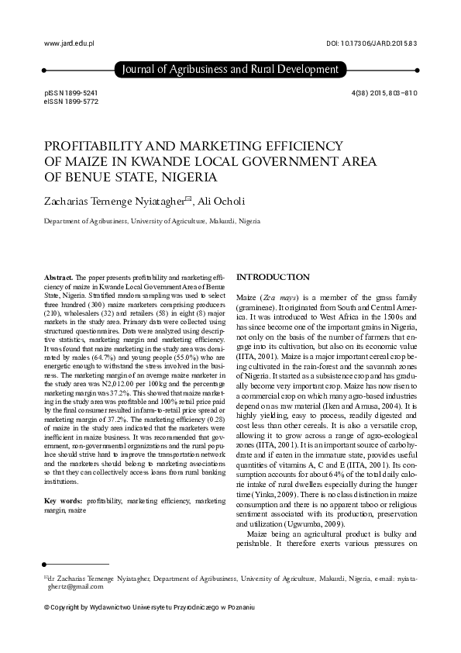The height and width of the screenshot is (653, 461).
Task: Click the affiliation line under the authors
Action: pos(151,221)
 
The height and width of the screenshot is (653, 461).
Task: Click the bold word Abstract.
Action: pos(59,277)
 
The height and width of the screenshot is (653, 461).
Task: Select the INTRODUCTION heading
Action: pos(272,277)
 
